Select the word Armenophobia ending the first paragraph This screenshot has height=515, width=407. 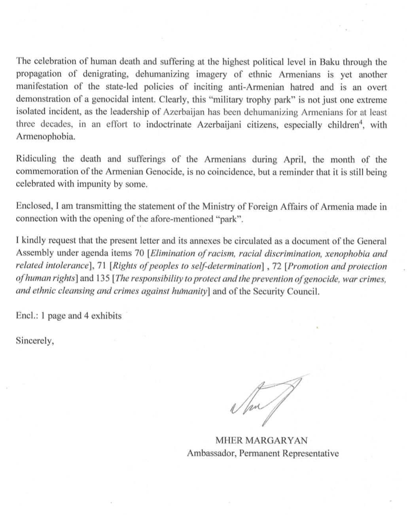pos(45,137)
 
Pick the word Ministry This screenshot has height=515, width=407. pos(218,206)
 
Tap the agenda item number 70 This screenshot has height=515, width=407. pos(138,254)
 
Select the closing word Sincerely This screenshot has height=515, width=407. pos(34,341)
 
